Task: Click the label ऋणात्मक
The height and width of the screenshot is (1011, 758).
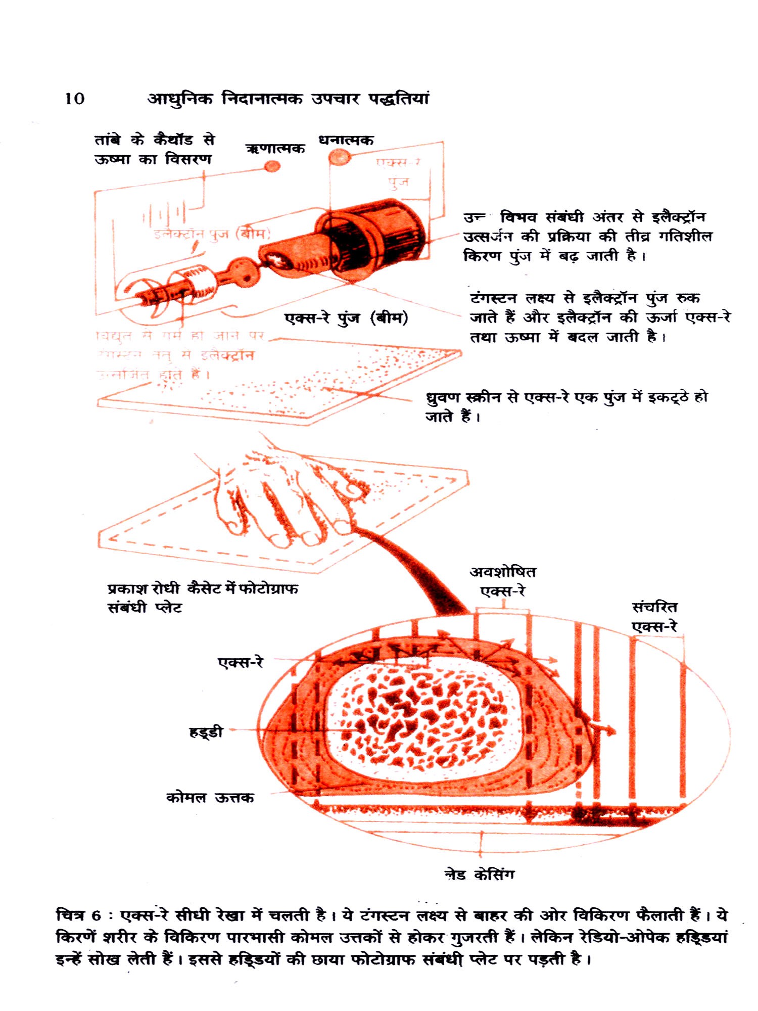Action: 275,148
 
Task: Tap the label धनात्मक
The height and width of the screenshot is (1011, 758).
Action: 346,140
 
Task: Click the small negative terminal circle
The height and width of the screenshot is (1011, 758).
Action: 272,166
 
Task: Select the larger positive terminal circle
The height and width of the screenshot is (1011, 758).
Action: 340,158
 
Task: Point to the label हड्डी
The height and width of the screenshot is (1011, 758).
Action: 206,731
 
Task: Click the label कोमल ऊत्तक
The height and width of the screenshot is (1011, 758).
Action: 210,798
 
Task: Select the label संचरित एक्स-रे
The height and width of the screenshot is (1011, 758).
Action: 654,617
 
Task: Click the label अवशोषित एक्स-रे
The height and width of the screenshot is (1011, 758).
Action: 503,581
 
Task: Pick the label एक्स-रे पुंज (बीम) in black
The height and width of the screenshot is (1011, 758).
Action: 346,318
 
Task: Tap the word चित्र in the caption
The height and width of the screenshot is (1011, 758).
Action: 71,915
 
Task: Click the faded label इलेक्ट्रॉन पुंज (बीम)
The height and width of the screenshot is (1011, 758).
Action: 212,234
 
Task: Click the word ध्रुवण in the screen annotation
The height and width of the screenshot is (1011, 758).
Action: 441,398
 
